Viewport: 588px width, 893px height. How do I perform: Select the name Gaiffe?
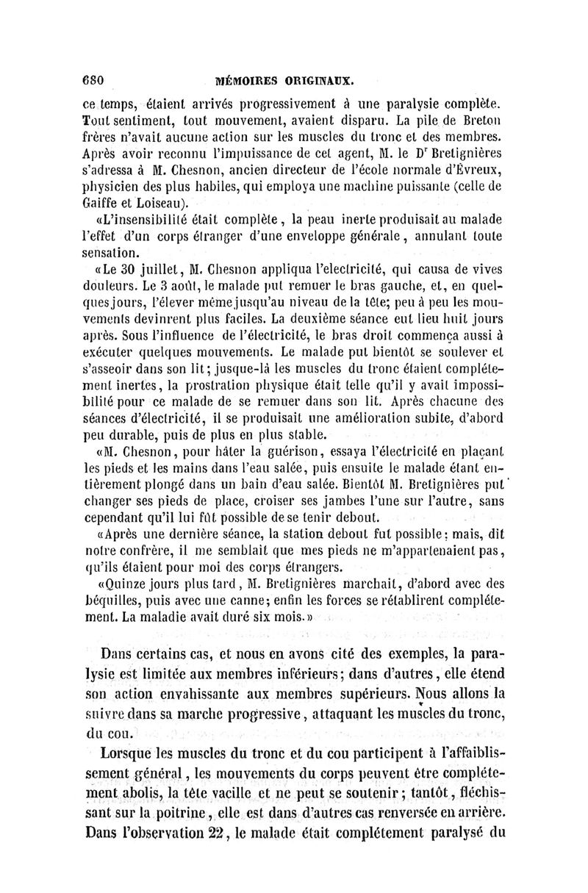pos(101,203)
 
